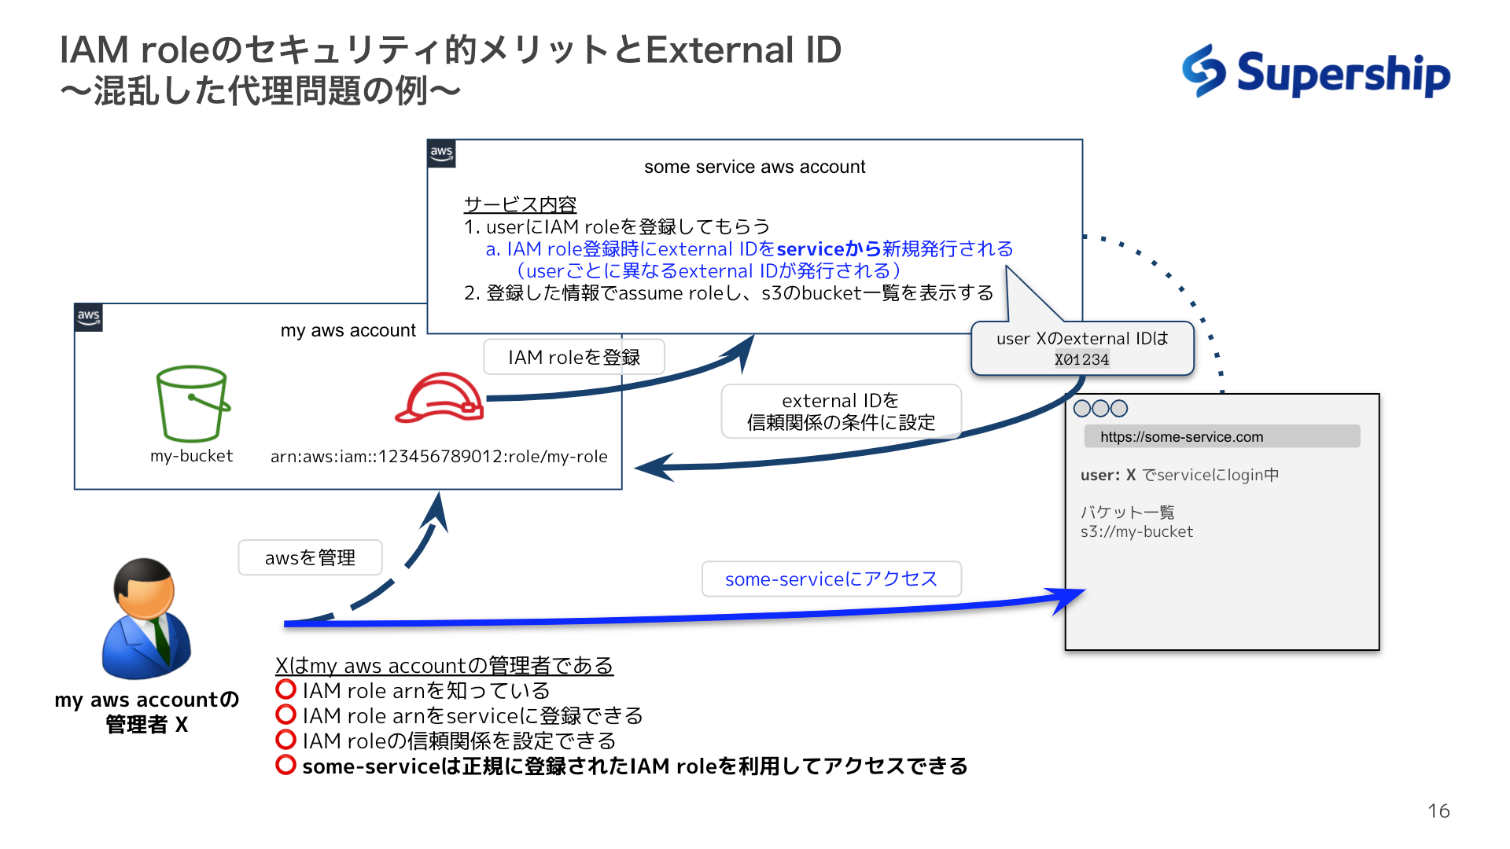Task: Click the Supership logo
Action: pos(1316,72)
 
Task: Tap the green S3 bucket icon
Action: pos(193,403)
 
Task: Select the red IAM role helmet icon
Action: pos(440,399)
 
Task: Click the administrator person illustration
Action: pos(146,619)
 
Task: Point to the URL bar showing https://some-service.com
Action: pos(1221,437)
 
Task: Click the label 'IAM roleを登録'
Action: pos(574,358)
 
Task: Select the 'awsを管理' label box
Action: pos(310,558)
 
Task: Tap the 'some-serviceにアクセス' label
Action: pos(831,579)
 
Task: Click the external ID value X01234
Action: pos(1081,360)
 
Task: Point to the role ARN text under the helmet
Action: pos(439,457)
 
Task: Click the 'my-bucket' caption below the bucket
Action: pos(191,456)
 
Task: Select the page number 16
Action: pos(1438,811)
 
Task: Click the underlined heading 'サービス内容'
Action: pos(520,204)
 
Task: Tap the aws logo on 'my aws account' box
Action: pos(88,318)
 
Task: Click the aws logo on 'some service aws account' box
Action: pos(441,153)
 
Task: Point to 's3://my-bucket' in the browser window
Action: pos(1136,532)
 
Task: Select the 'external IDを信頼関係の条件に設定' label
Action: pos(841,411)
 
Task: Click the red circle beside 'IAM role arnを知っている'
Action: pos(285,690)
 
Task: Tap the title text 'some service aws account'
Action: pos(754,167)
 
